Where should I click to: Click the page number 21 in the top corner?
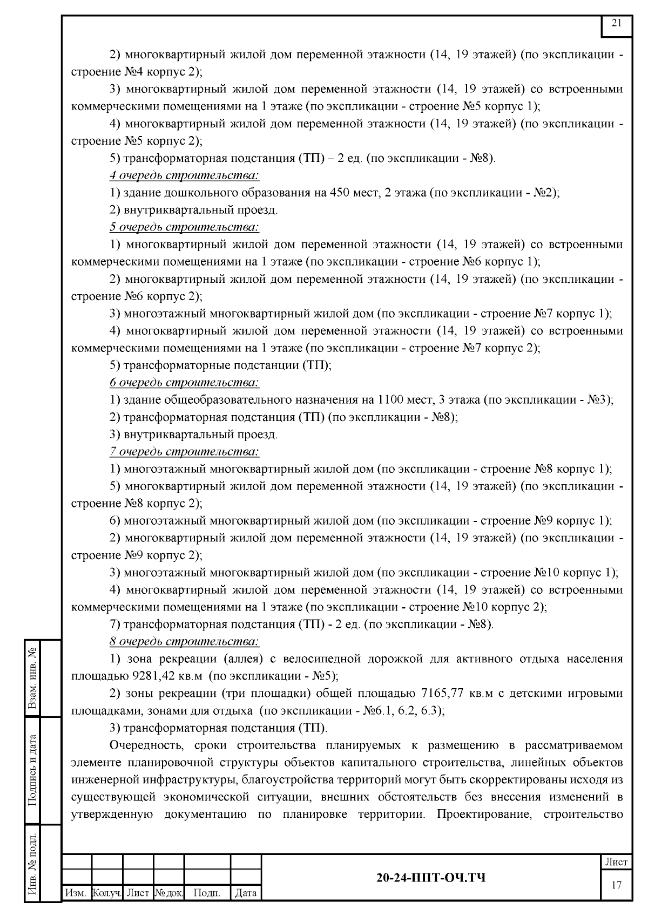pos(617,23)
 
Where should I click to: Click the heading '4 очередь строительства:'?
pos(184,175)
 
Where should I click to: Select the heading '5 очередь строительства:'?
pos(184,227)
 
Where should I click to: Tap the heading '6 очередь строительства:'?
pos(184,383)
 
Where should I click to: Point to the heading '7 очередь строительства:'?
pos(184,452)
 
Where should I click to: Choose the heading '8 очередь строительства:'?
pos(184,642)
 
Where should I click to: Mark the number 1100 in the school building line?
pos(390,400)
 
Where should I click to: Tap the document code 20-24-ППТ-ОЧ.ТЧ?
pos(430,878)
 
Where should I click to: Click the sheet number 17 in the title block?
pos(617,885)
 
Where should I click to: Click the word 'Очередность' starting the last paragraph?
pos(143,745)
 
